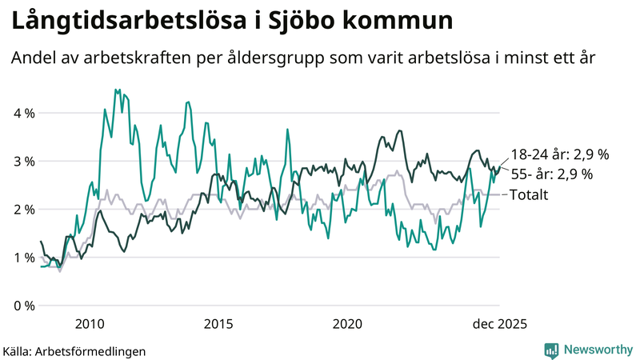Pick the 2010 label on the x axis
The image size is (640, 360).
pos(89,323)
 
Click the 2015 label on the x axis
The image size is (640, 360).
pos(218,323)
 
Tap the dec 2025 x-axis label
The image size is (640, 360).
pos(498,323)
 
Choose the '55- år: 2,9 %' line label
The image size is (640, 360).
pos(552,174)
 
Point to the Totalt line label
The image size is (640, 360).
pos(529,194)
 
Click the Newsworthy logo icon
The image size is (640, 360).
pos(551,350)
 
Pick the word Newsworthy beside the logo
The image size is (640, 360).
pos(597,350)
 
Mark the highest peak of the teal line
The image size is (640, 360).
pos(116,90)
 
